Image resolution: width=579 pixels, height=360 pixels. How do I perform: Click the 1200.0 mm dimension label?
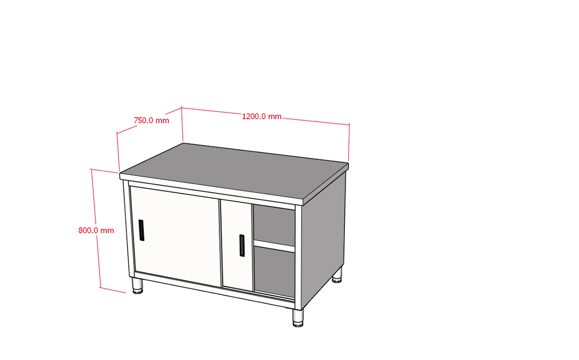(261, 116)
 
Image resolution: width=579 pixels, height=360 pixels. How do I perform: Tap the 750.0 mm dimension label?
(152, 120)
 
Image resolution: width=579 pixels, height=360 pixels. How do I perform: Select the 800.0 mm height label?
(96, 231)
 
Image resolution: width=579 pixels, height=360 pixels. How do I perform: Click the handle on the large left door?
(141, 230)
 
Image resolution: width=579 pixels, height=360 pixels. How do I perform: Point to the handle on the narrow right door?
(242, 245)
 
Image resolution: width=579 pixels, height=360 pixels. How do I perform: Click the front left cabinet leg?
(137, 286)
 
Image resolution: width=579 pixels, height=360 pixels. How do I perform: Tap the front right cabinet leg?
(298, 318)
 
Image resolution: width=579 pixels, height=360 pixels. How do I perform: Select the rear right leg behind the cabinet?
(337, 275)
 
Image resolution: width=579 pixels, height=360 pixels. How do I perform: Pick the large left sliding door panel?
(176, 236)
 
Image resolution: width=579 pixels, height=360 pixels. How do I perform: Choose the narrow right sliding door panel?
(237, 245)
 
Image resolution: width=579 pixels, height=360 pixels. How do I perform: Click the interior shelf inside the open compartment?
(274, 246)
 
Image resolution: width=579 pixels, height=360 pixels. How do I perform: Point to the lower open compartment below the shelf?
(274, 271)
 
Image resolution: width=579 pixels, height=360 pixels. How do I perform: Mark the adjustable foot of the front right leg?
(298, 324)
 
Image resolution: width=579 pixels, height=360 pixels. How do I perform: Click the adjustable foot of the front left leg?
(137, 292)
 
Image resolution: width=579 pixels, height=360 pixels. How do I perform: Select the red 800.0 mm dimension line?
(96, 229)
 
